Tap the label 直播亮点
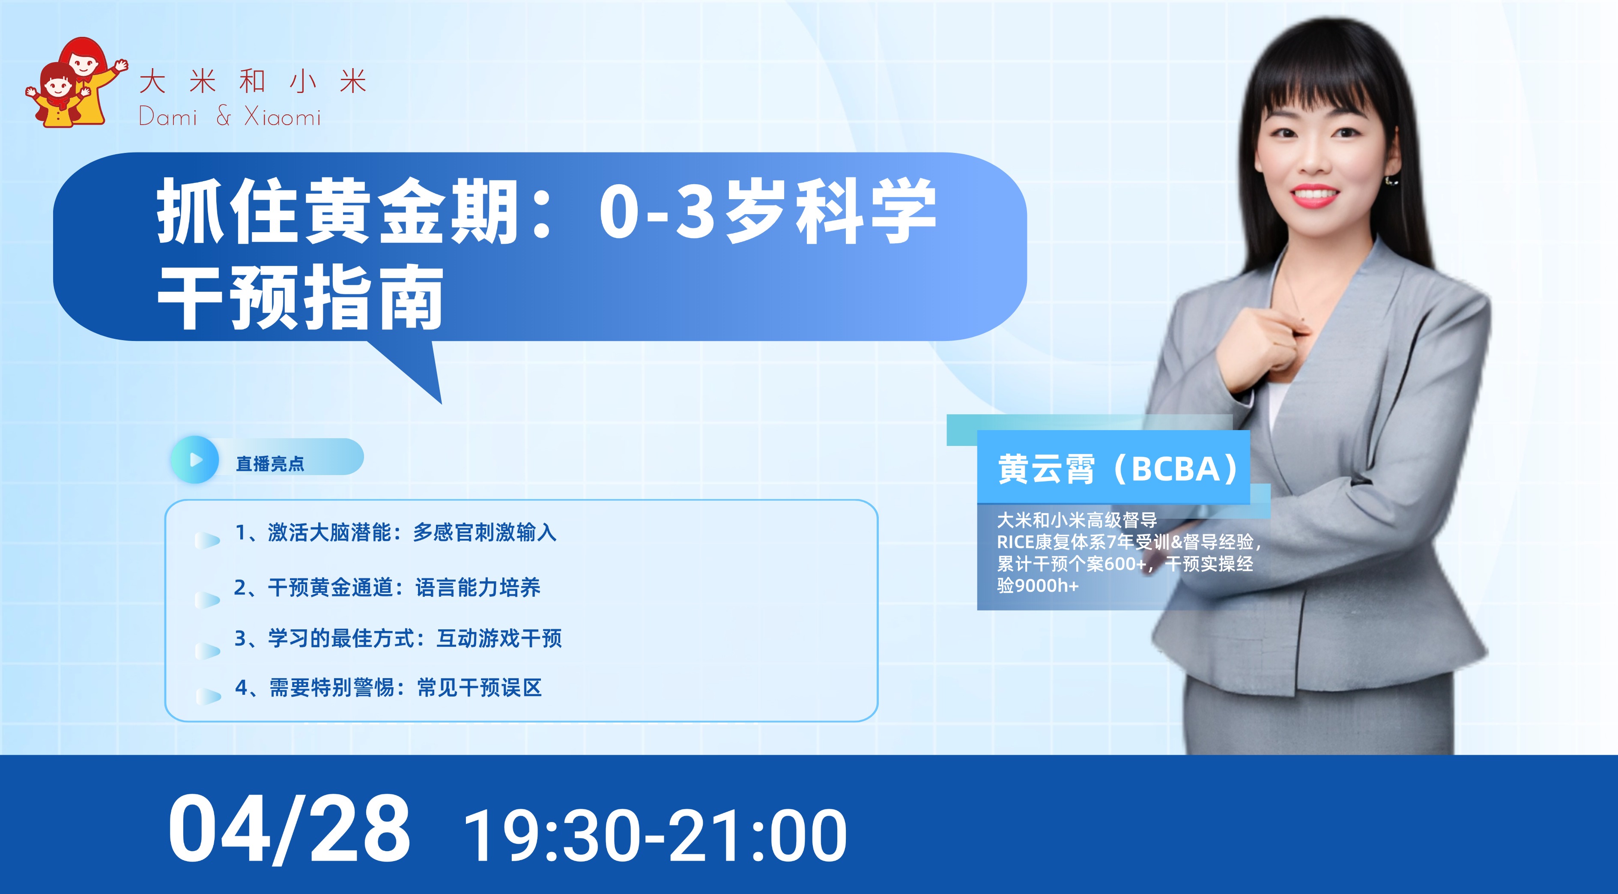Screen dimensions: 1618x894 click(x=270, y=463)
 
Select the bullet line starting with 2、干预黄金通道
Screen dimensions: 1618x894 click(x=387, y=587)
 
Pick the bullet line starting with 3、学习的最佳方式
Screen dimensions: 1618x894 click(x=398, y=638)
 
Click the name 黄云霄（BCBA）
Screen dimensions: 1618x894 click(x=1119, y=469)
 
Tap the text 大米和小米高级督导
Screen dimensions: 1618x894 click(x=1077, y=520)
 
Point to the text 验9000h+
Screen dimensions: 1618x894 click(x=1038, y=586)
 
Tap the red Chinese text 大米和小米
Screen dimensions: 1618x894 click(x=253, y=82)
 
